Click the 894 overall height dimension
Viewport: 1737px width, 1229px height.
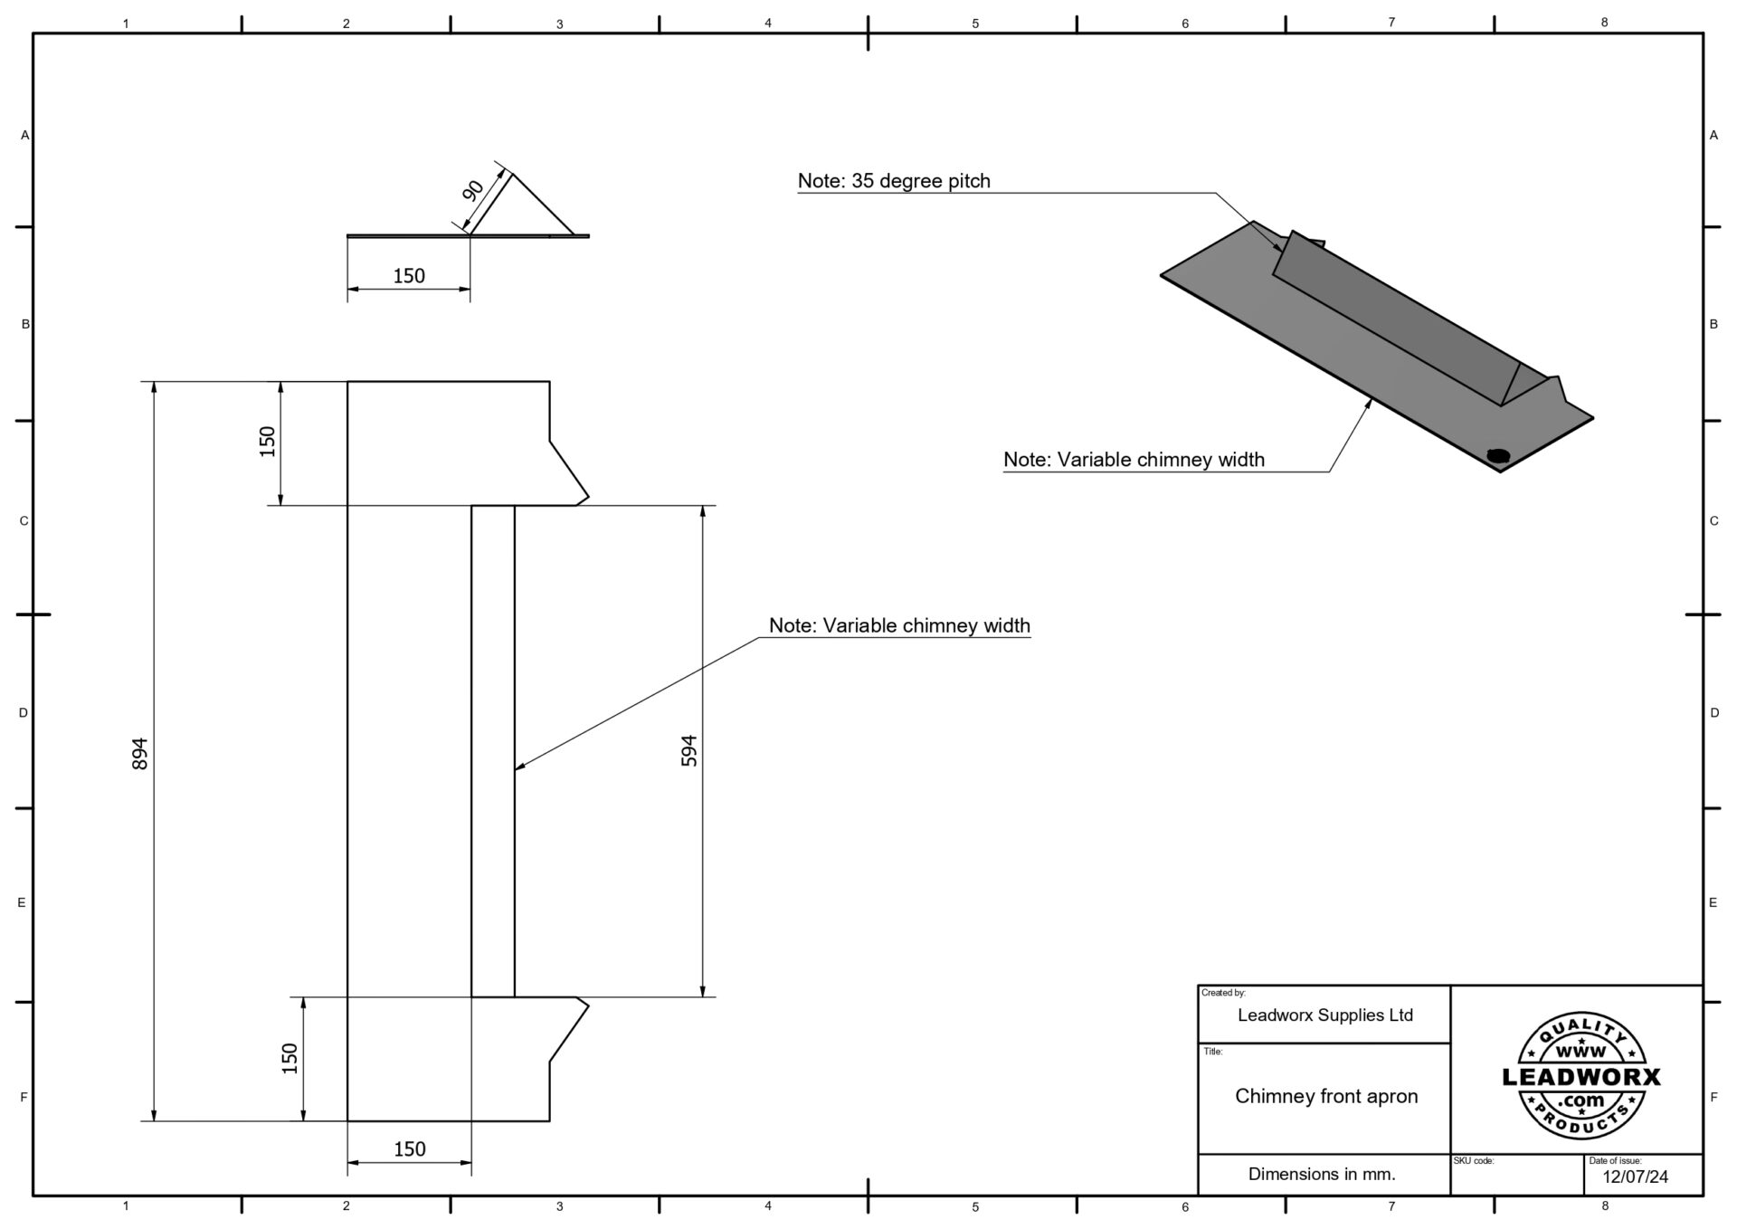pos(140,753)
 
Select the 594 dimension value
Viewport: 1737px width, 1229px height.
pos(689,750)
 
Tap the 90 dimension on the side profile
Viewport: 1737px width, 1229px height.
pos(473,191)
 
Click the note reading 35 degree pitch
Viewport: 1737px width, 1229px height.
pos(894,181)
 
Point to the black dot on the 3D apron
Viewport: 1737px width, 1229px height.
pos(1498,455)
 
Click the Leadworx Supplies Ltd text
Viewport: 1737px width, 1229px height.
pos(1324,1015)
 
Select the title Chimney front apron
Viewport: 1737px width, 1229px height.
pos(1326,1096)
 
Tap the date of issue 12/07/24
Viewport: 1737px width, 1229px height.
pos(1636,1177)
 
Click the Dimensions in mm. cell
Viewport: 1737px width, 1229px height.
pos(1322,1174)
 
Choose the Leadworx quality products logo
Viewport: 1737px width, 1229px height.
pos(1580,1075)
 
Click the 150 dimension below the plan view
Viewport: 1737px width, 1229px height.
pos(410,1148)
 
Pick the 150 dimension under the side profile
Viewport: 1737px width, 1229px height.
pos(409,276)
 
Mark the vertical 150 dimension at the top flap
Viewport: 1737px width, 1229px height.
pos(268,442)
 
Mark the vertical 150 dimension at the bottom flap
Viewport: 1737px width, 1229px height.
pos(290,1058)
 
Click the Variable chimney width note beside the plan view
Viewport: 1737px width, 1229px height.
pos(899,625)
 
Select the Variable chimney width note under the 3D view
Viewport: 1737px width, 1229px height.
pos(1134,460)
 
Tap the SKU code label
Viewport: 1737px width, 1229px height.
pos(1474,1160)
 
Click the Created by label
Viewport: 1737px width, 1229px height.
pos(1223,993)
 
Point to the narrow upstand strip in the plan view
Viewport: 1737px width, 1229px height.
pos(493,751)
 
